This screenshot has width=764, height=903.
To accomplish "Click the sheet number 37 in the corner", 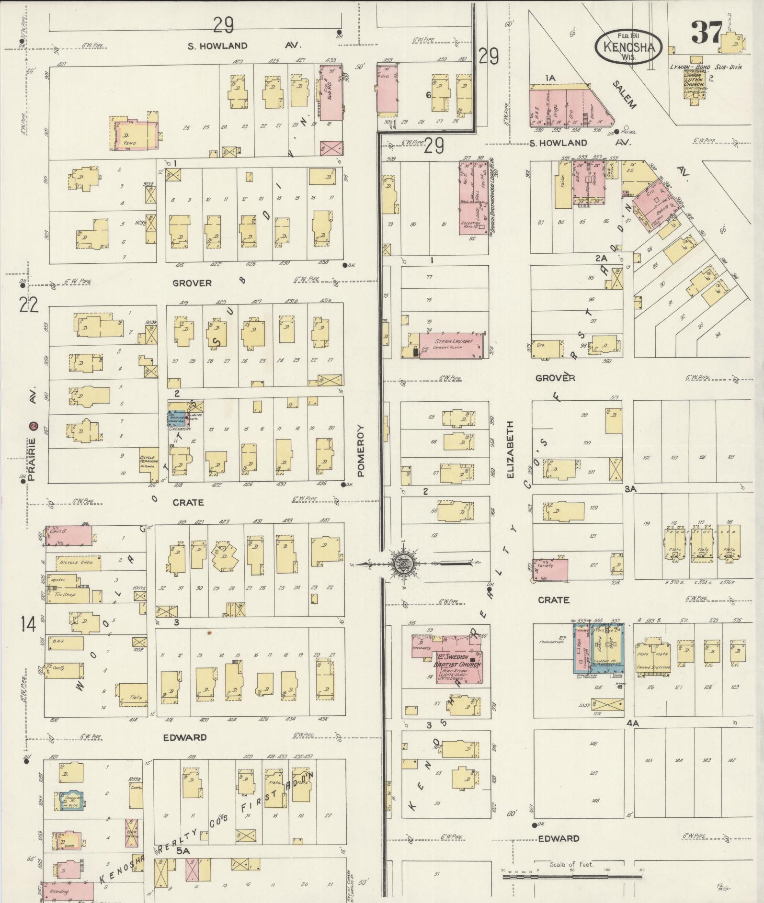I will (706, 32).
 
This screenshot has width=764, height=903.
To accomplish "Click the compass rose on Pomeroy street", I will (401, 564).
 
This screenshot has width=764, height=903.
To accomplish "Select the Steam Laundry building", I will (453, 344).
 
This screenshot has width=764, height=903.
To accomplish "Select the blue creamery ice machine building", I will (176, 418).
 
